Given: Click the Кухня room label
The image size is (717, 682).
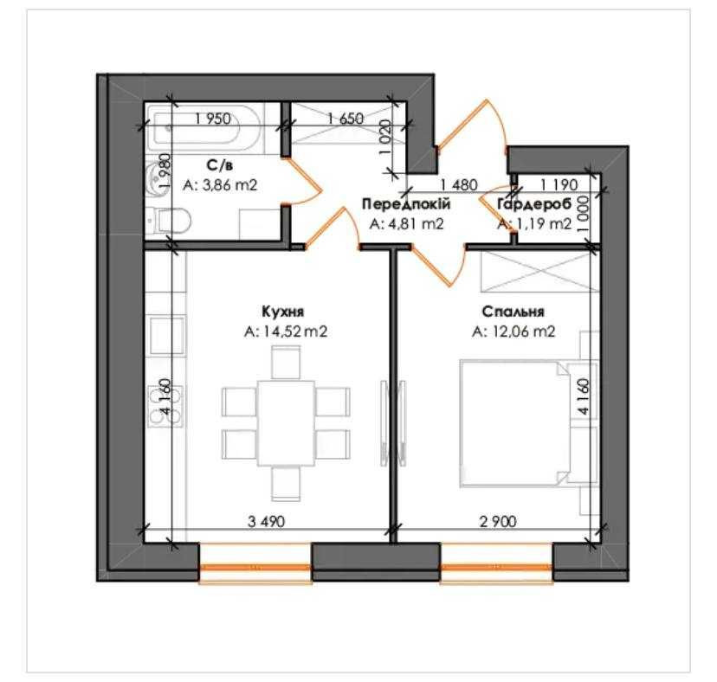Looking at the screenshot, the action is click(x=282, y=312).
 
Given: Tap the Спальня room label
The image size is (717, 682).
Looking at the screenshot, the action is click(x=513, y=312).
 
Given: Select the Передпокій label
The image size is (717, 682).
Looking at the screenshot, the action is click(x=406, y=204).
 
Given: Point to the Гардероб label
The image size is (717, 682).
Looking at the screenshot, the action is click(x=534, y=204).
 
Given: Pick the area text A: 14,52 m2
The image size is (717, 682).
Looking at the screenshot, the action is click(x=286, y=331).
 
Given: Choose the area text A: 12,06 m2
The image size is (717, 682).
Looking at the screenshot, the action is click(x=514, y=331).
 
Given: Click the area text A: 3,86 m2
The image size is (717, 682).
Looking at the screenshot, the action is click(x=220, y=185).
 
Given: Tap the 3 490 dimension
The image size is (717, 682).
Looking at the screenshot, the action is click(x=266, y=522).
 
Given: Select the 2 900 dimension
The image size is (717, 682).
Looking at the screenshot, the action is click(x=498, y=522).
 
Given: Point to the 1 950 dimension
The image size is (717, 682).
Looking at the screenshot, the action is click(x=213, y=119).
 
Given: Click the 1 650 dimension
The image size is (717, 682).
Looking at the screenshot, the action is click(x=346, y=119).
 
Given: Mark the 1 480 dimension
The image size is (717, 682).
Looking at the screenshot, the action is click(x=459, y=185).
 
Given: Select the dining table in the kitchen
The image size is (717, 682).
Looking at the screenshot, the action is click(x=286, y=423).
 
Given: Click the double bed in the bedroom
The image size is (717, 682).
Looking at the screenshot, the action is click(x=516, y=423).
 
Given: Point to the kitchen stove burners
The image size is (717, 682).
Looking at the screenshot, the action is click(x=165, y=406).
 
